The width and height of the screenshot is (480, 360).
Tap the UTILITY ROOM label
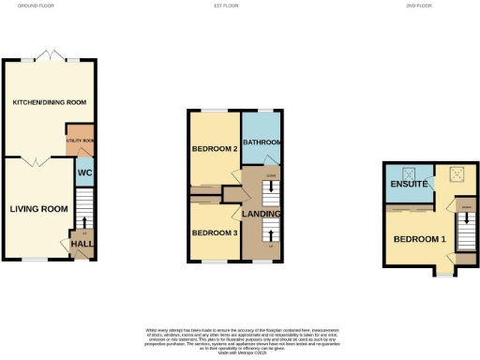[80, 140]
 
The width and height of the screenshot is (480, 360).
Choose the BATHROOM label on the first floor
[262, 142]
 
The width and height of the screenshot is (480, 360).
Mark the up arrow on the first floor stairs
[270, 234]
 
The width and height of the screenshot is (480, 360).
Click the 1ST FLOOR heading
[238, 6]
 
